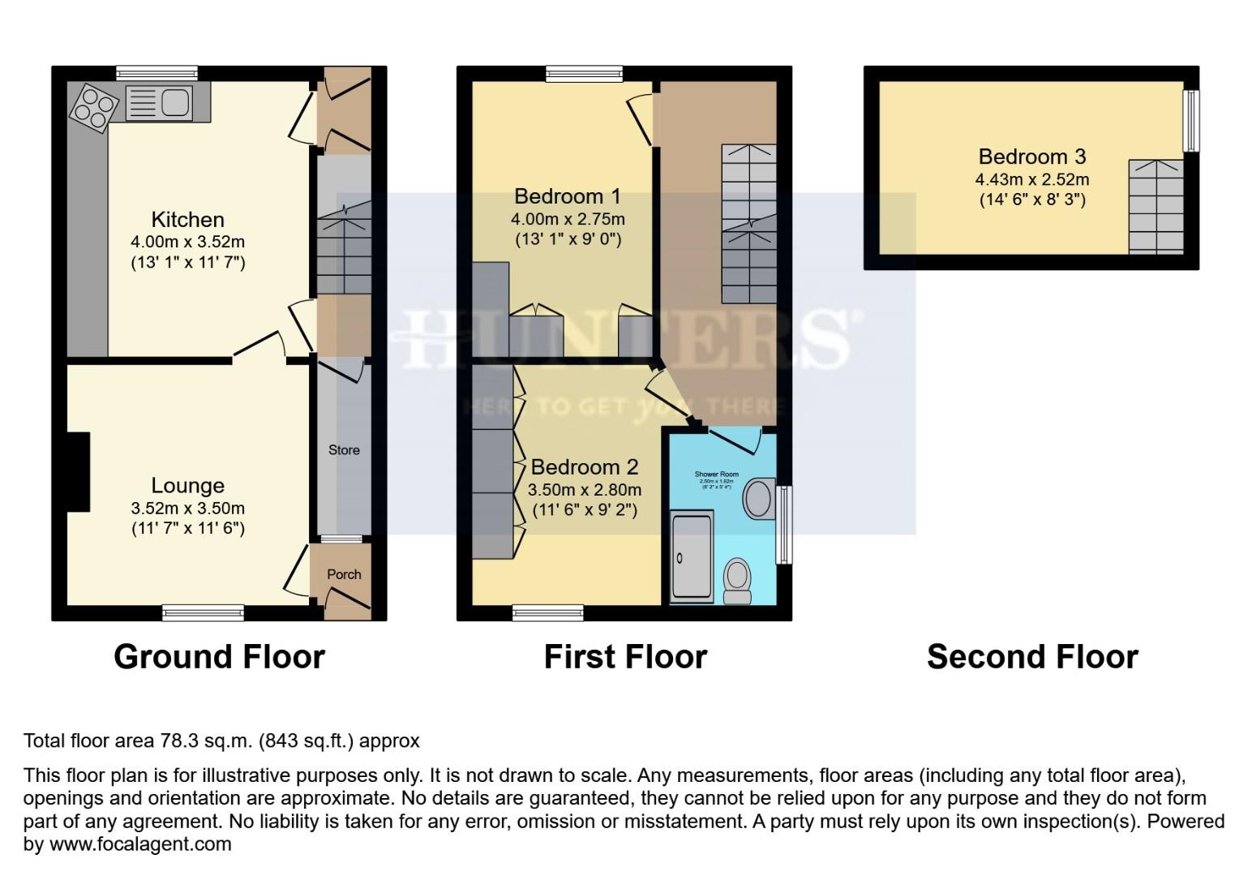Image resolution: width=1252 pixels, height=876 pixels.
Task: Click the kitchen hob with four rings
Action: tap(93, 109)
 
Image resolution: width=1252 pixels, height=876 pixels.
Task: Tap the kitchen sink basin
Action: tap(174, 102)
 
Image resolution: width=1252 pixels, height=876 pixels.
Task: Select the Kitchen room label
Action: tap(187, 219)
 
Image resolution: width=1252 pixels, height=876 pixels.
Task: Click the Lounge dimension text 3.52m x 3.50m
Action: tap(187, 509)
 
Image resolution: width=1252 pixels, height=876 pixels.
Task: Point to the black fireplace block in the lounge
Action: tap(79, 471)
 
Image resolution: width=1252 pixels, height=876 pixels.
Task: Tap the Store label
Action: tap(344, 449)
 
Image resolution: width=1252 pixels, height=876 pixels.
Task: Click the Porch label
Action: tap(344, 573)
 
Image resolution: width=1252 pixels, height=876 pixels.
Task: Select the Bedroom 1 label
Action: tap(567, 195)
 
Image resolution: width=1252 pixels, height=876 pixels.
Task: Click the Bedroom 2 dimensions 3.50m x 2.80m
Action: tap(584, 489)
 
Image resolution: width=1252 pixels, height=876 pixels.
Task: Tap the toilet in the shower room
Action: tap(737, 579)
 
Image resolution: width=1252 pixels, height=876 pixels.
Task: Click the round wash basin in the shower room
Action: tap(759, 498)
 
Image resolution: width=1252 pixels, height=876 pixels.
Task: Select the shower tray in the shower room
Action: tap(692, 557)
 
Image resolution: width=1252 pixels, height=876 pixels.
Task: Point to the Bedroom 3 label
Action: tap(1031, 156)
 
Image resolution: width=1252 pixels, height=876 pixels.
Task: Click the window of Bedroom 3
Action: tap(1190, 120)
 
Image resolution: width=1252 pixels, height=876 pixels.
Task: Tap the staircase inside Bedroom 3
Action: tap(1156, 206)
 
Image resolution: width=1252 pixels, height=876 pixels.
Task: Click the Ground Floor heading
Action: tap(219, 656)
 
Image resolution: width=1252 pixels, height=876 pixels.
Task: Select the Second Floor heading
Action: tap(1031, 656)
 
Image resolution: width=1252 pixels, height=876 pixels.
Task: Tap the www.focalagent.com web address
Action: tap(140, 844)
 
